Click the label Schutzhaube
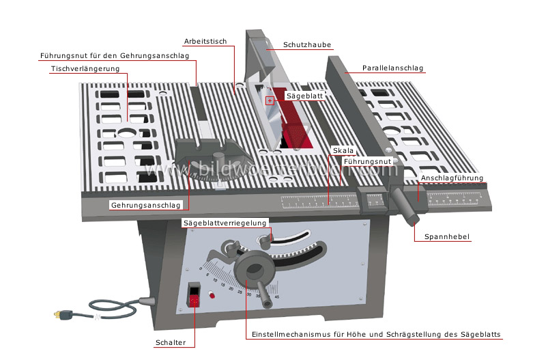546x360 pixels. [x=307, y=45]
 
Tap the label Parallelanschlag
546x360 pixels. [x=392, y=68]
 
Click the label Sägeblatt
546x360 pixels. [x=304, y=96]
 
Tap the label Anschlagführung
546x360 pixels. [x=452, y=178]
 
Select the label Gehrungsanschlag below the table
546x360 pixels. [x=146, y=205]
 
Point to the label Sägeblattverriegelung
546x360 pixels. [x=225, y=223]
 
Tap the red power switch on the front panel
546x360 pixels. [x=195, y=296]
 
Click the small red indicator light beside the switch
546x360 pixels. [x=212, y=296]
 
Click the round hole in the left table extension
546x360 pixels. [x=126, y=133]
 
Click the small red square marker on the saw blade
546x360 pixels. [x=270, y=100]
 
